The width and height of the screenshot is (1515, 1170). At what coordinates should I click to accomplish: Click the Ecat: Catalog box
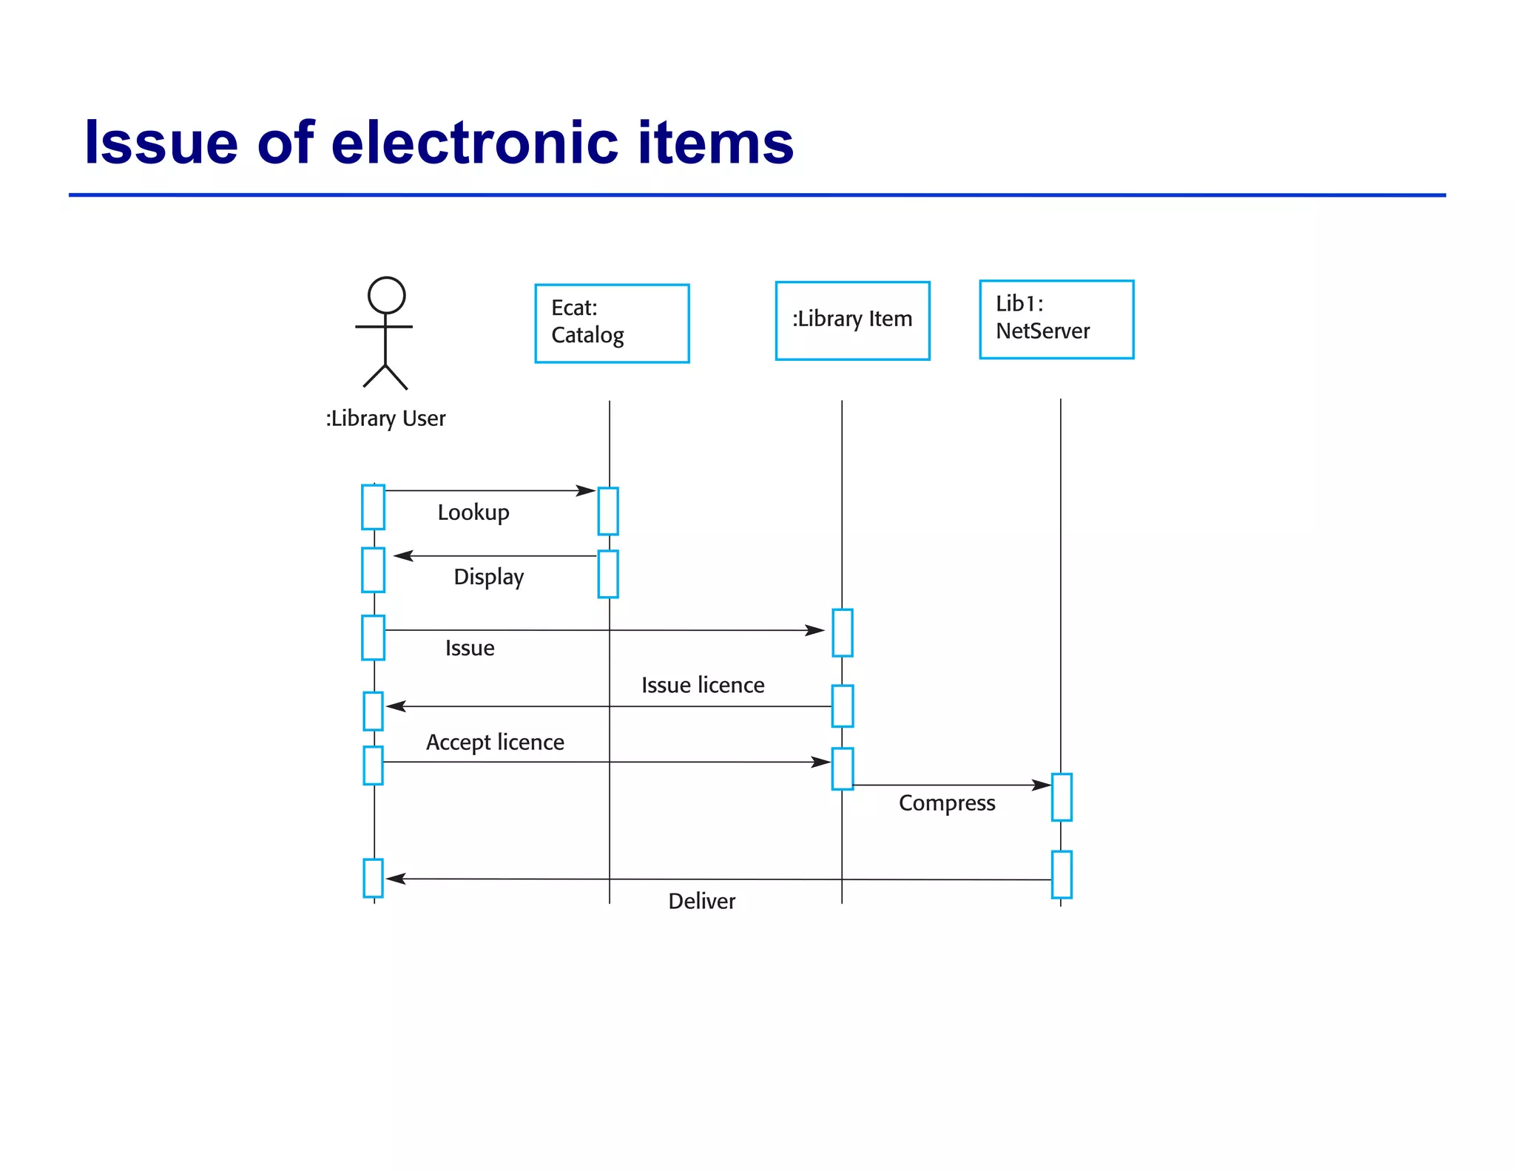(x=612, y=323)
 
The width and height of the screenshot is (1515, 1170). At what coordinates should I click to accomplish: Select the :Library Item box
(x=852, y=320)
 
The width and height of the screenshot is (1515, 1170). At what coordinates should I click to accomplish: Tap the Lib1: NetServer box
(x=1056, y=319)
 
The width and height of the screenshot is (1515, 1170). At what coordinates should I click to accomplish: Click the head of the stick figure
(x=386, y=295)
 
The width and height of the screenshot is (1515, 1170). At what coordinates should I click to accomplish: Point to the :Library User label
(x=385, y=419)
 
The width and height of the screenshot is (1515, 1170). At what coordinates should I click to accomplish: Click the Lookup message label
(x=473, y=513)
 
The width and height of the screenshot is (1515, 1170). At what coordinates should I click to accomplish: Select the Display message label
(x=488, y=577)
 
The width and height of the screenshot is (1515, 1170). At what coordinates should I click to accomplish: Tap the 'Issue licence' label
(x=703, y=686)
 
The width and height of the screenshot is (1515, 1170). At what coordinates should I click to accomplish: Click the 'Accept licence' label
(x=495, y=743)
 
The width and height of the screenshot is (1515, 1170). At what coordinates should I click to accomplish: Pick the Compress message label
(x=947, y=803)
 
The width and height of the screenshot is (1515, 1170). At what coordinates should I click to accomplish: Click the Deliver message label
(x=701, y=902)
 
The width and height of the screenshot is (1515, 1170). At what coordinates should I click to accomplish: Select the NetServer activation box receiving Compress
(x=1062, y=797)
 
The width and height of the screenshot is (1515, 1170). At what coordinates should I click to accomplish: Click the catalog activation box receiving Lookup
(x=608, y=511)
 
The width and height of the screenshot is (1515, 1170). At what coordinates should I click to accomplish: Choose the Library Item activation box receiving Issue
(x=843, y=632)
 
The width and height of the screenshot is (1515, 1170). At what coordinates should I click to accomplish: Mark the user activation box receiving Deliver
(x=373, y=878)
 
